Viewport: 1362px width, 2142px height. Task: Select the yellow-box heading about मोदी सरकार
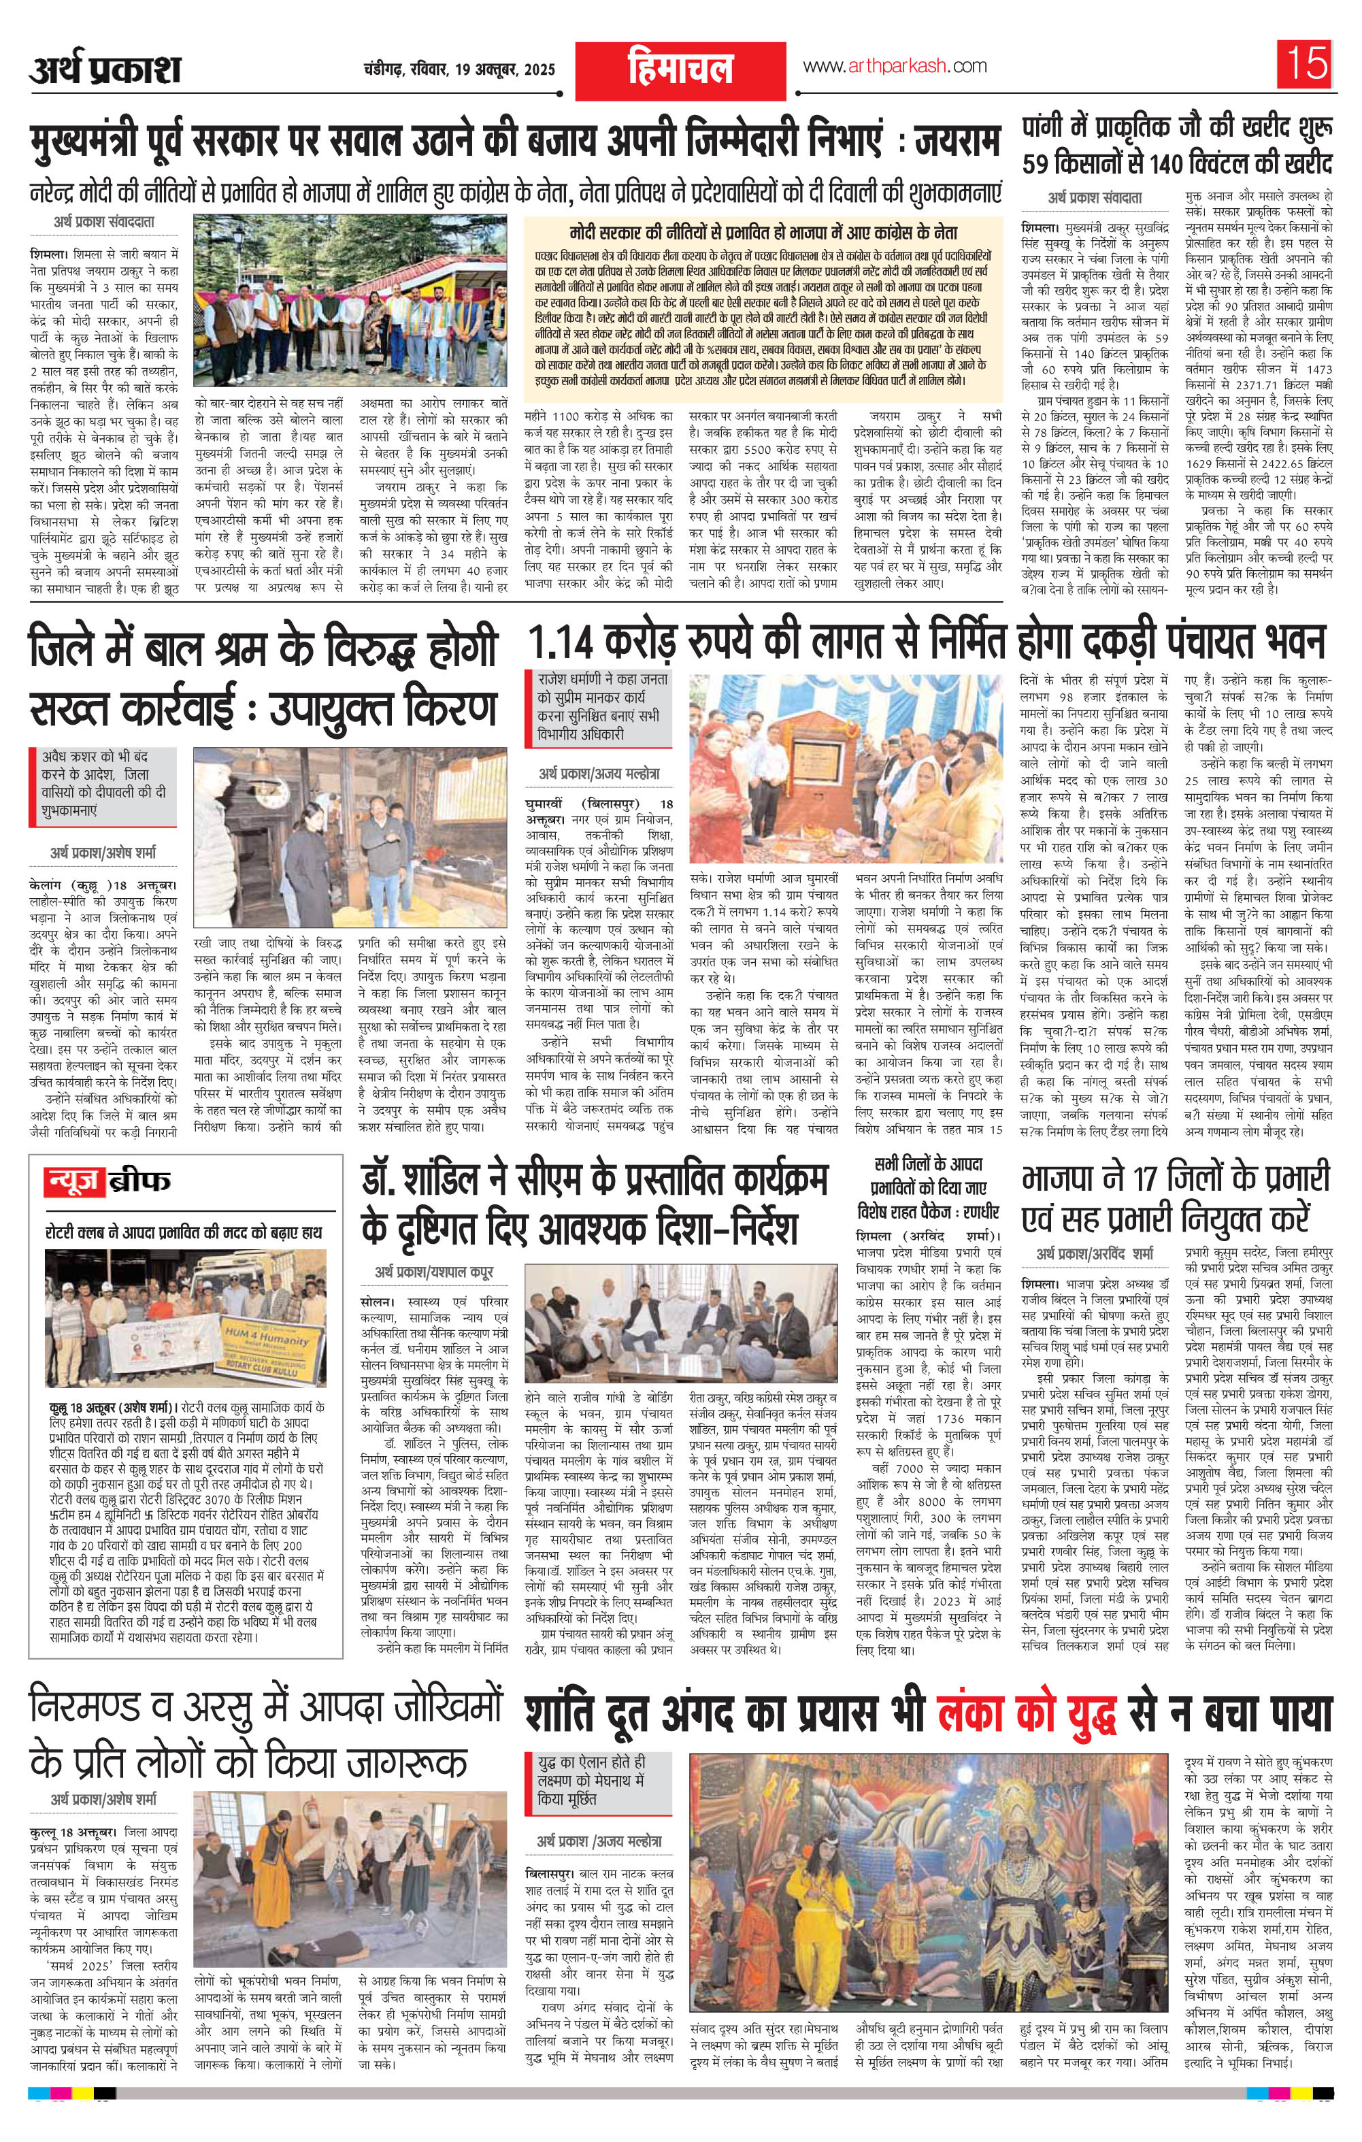coord(763,231)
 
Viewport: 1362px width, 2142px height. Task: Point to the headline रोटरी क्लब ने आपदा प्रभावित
coord(184,1231)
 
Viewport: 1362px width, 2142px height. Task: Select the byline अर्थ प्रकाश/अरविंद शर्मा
coord(1101,1253)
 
